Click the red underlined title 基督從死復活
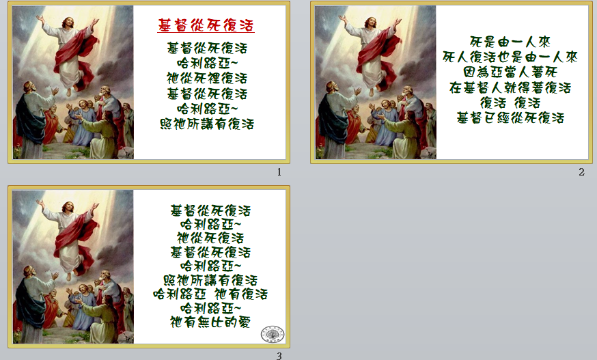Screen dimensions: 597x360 coord(206,25)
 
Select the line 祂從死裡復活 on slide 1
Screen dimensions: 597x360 coord(207,79)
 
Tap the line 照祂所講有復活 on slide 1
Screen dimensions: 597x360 coord(207,124)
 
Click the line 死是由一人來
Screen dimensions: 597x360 coord(510,42)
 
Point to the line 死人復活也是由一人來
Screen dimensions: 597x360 coord(510,57)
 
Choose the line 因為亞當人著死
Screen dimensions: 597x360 coord(510,72)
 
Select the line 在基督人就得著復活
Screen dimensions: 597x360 coord(510,87)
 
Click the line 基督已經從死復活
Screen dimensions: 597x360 coord(510,118)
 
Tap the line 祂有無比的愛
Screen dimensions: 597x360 coord(210,322)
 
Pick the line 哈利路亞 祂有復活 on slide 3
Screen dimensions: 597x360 coord(210,294)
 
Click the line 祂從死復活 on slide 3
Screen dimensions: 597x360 coord(210,238)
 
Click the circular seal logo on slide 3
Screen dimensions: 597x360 coord(273,334)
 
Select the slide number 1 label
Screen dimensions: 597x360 coord(279,172)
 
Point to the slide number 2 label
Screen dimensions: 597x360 coord(581,172)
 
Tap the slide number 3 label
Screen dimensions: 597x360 coord(279,356)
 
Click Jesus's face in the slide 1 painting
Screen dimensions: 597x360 coord(68,22)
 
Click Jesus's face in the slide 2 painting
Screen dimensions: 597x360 coord(371,22)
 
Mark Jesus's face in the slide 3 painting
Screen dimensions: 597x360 coord(68,206)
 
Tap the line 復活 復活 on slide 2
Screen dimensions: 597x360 coord(510,103)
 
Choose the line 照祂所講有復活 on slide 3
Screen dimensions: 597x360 coord(210,280)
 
